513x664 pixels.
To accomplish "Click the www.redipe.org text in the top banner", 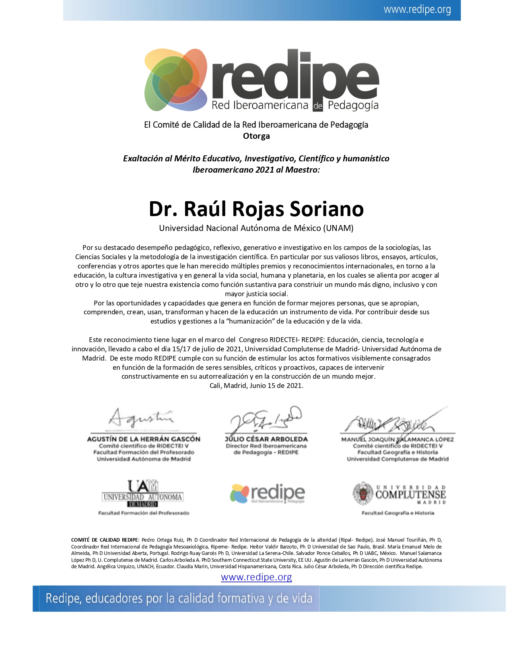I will pos(417,10).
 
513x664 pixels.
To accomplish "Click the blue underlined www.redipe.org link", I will pos(256,577).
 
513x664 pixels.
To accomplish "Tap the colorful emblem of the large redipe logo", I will pos(175,80).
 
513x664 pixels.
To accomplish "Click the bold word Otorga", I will pos(256,136).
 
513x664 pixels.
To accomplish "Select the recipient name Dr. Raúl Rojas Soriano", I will pos(256,209).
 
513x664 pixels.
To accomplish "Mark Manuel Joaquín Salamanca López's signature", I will pos(394,421).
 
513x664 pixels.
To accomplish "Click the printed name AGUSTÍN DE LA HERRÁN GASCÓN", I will pos(144,439).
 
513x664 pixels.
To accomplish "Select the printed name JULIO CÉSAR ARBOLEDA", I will pos(266,439).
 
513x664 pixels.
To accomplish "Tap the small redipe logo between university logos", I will pos(267,493).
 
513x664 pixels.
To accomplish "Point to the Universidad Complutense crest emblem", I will pos(363,493).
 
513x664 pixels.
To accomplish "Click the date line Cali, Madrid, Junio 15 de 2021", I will pos(256,386).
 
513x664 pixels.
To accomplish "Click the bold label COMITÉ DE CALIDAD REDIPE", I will pos(105,540).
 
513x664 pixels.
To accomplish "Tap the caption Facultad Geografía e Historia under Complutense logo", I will pos(398,513).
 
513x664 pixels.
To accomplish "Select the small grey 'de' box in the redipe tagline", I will pos(318,106).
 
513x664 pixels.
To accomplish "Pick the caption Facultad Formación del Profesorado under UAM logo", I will pos(144,513).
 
